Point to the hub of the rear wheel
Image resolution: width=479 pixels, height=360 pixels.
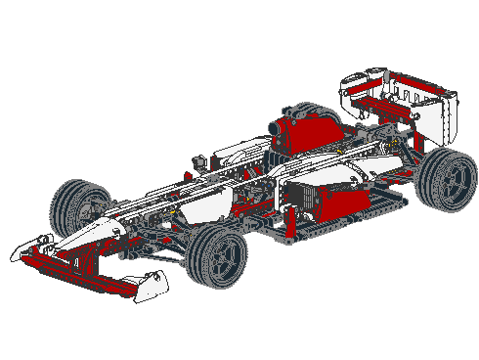[452, 180]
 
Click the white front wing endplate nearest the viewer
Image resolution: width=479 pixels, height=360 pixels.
[150, 285]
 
